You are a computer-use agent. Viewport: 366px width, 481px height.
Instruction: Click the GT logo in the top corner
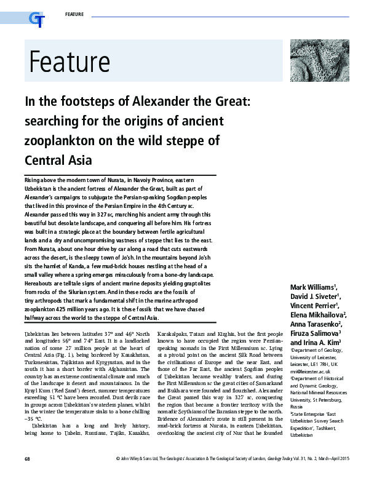[x=36, y=20]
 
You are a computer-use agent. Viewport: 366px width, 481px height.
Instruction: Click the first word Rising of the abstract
[x=33, y=177]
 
